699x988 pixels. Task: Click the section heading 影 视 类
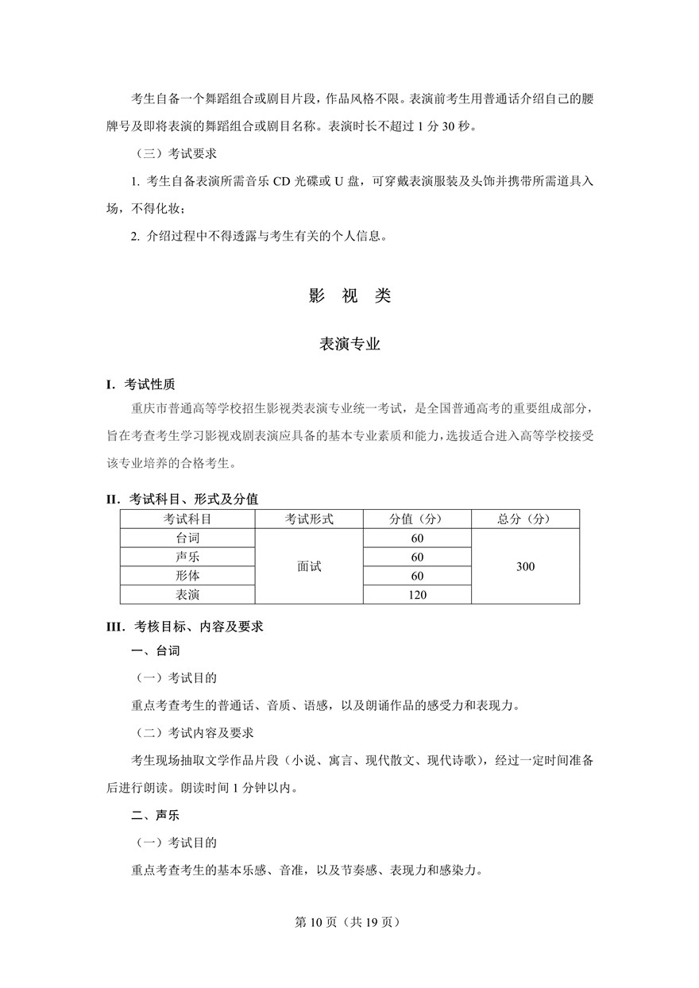click(x=349, y=296)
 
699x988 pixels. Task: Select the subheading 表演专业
click(x=349, y=344)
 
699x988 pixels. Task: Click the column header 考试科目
click(x=187, y=519)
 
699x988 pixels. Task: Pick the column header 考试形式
click(x=309, y=519)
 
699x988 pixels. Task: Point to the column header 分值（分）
click(x=417, y=519)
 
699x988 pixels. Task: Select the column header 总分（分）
click(x=525, y=519)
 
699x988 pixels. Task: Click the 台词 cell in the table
click(x=187, y=538)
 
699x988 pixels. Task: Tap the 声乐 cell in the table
click(x=187, y=558)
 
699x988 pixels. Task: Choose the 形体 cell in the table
click(x=187, y=576)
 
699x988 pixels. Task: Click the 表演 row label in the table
click(x=187, y=595)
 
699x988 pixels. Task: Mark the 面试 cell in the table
click(x=309, y=567)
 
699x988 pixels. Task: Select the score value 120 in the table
click(x=417, y=595)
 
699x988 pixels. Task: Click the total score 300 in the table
click(x=525, y=567)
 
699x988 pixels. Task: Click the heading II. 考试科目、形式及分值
click(x=183, y=499)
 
